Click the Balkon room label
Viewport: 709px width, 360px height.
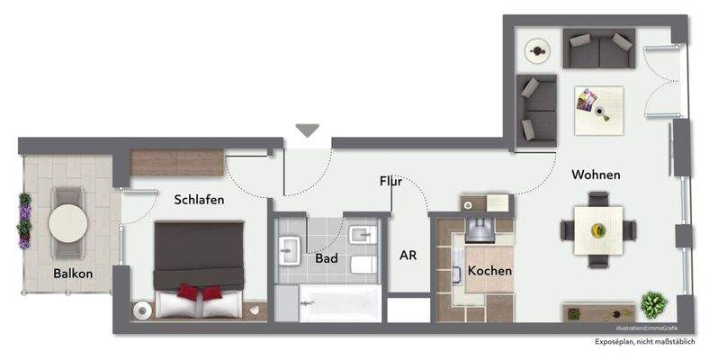pyautogui.click(x=73, y=273)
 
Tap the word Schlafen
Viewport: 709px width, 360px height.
pyautogui.click(x=199, y=200)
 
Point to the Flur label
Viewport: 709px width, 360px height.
pyautogui.click(x=390, y=182)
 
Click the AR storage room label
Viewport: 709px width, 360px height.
pyautogui.click(x=408, y=256)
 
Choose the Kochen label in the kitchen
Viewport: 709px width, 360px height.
pyautogui.click(x=489, y=270)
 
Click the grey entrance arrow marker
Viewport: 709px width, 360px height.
pyautogui.click(x=308, y=130)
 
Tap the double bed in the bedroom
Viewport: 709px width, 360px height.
pyautogui.click(x=199, y=268)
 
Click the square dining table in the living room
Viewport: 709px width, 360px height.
pyautogui.click(x=598, y=231)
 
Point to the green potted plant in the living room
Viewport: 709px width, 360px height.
pyautogui.click(x=652, y=304)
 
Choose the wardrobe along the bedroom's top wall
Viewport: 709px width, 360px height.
pyautogui.click(x=176, y=162)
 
